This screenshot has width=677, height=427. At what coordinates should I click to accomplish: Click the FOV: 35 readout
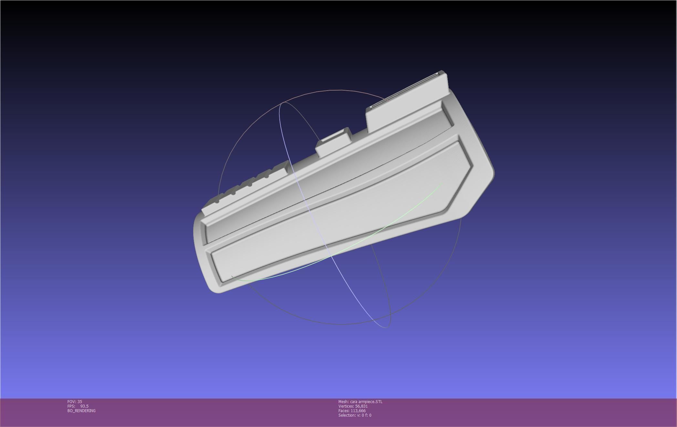tap(75, 402)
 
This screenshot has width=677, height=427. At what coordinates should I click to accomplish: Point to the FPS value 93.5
tap(84, 406)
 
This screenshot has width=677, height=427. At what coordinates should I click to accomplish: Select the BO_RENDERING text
tap(81, 411)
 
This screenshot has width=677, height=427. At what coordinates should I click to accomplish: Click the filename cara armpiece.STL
tap(366, 402)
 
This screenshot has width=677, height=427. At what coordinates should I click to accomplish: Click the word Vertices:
tap(346, 406)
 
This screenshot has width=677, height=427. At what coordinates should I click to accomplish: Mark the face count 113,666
tap(358, 411)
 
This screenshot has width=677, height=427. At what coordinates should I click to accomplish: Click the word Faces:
tap(344, 411)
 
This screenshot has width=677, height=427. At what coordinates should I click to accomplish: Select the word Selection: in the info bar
tap(347, 415)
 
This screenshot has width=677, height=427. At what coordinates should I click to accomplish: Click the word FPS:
tap(71, 406)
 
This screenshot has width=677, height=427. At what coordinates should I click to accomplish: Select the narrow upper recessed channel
tap(323, 178)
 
